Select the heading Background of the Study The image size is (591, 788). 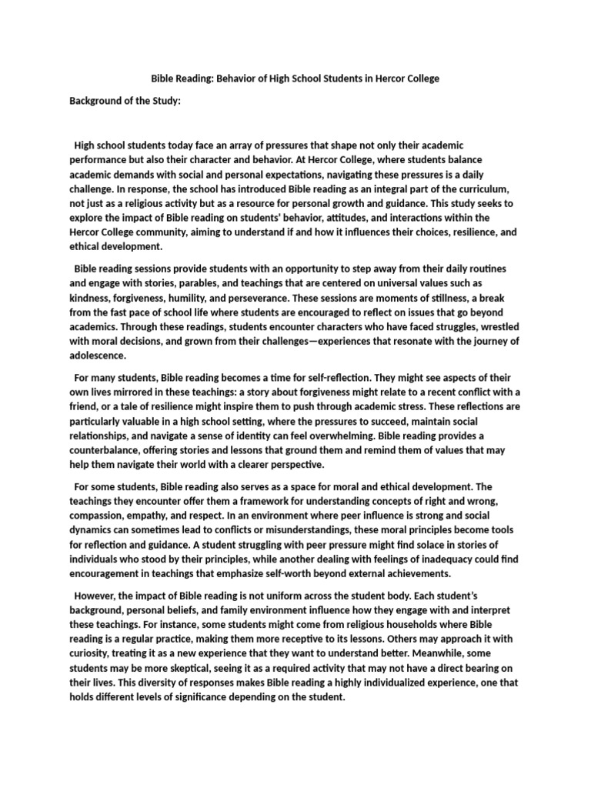[x=125, y=101]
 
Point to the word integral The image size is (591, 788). [x=350, y=189]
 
